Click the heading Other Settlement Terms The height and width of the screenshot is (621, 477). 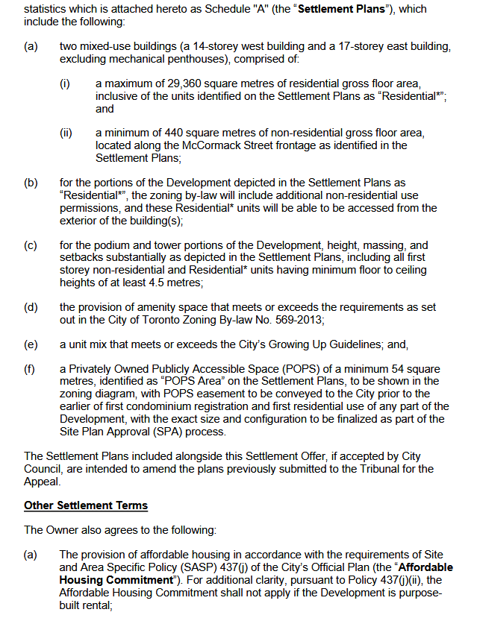coord(86,505)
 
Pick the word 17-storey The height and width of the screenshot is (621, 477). coord(343,46)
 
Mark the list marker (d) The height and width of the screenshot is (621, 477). coord(31,307)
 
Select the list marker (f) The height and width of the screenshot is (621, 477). coord(31,369)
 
